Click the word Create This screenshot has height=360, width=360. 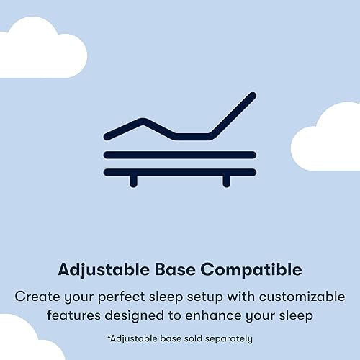37,296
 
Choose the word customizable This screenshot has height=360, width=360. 300,296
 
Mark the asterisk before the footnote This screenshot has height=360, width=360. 108,336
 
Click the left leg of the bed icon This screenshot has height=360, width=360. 133,180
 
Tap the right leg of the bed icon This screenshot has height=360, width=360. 226,180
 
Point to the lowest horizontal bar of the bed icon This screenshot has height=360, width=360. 180,171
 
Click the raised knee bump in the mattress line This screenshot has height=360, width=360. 144,121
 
